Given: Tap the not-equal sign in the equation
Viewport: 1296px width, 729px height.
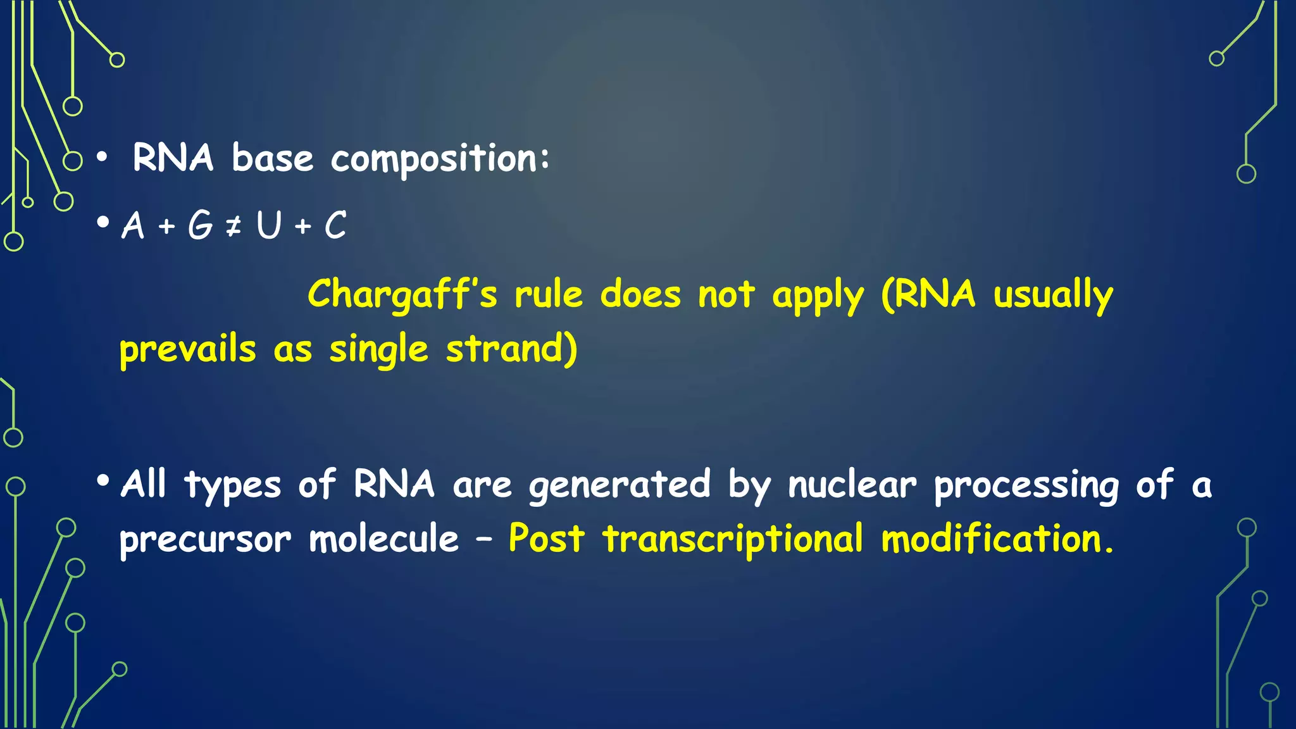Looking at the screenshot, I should point(234,226).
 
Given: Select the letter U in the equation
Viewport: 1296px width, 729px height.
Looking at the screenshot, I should point(269,225).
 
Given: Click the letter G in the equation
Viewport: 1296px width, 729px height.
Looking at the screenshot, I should point(201,225).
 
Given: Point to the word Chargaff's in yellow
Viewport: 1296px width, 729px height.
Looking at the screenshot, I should point(402,295).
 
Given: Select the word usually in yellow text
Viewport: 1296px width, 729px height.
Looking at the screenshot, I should point(1053,296).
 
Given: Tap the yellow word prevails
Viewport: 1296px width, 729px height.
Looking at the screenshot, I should point(188,350).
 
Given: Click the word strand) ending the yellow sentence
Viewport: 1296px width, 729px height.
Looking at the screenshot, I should point(511,349).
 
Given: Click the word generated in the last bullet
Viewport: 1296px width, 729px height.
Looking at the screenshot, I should point(620,486).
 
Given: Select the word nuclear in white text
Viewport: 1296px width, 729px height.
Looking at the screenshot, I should point(852,485).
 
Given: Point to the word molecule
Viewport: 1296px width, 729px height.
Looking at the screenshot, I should point(383,540).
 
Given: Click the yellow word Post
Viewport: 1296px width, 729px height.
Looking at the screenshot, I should point(546,539).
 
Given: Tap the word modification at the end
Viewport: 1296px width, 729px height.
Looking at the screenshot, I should point(992,539).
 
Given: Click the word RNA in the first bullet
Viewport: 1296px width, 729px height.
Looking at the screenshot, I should point(173,158).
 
